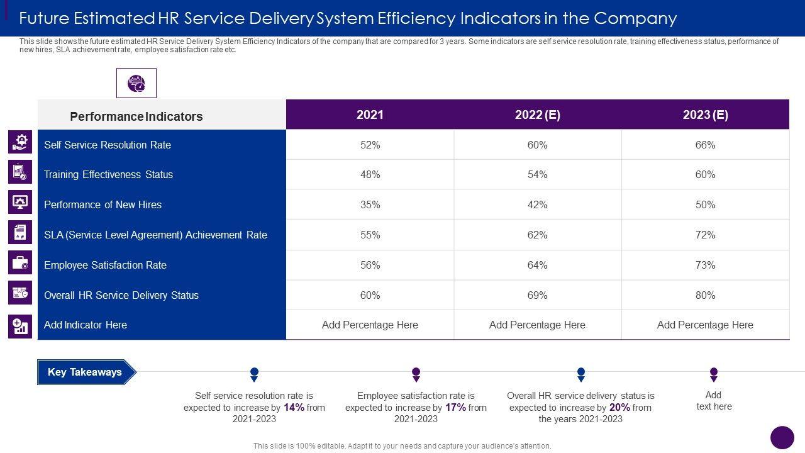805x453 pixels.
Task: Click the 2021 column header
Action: [370, 115]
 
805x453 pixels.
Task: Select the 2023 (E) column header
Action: [705, 115]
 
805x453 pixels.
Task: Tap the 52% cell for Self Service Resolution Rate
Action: [370, 145]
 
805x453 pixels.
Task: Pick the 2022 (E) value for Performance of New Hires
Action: [537, 204]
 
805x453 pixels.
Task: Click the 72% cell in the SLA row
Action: [705, 235]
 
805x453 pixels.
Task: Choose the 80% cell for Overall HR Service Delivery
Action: [705, 295]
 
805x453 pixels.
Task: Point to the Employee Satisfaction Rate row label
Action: [105, 265]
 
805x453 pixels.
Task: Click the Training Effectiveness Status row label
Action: [108, 174]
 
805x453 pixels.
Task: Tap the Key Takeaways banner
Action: [86, 372]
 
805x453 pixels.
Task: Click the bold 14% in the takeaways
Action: [294, 407]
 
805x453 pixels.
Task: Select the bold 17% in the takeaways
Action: [455, 407]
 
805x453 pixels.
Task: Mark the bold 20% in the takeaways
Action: [619, 407]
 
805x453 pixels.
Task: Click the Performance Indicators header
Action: [136, 116]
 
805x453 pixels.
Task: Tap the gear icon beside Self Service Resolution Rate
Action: [20, 142]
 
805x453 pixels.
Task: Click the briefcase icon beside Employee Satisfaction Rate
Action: [20, 262]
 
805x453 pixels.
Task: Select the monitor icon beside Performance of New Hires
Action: [20, 202]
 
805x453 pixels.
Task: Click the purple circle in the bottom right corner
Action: [782, 437]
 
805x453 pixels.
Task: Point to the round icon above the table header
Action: [136, 83]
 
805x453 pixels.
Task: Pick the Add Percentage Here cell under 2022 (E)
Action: [537, 325]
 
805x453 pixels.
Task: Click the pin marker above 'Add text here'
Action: [714, 374]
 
